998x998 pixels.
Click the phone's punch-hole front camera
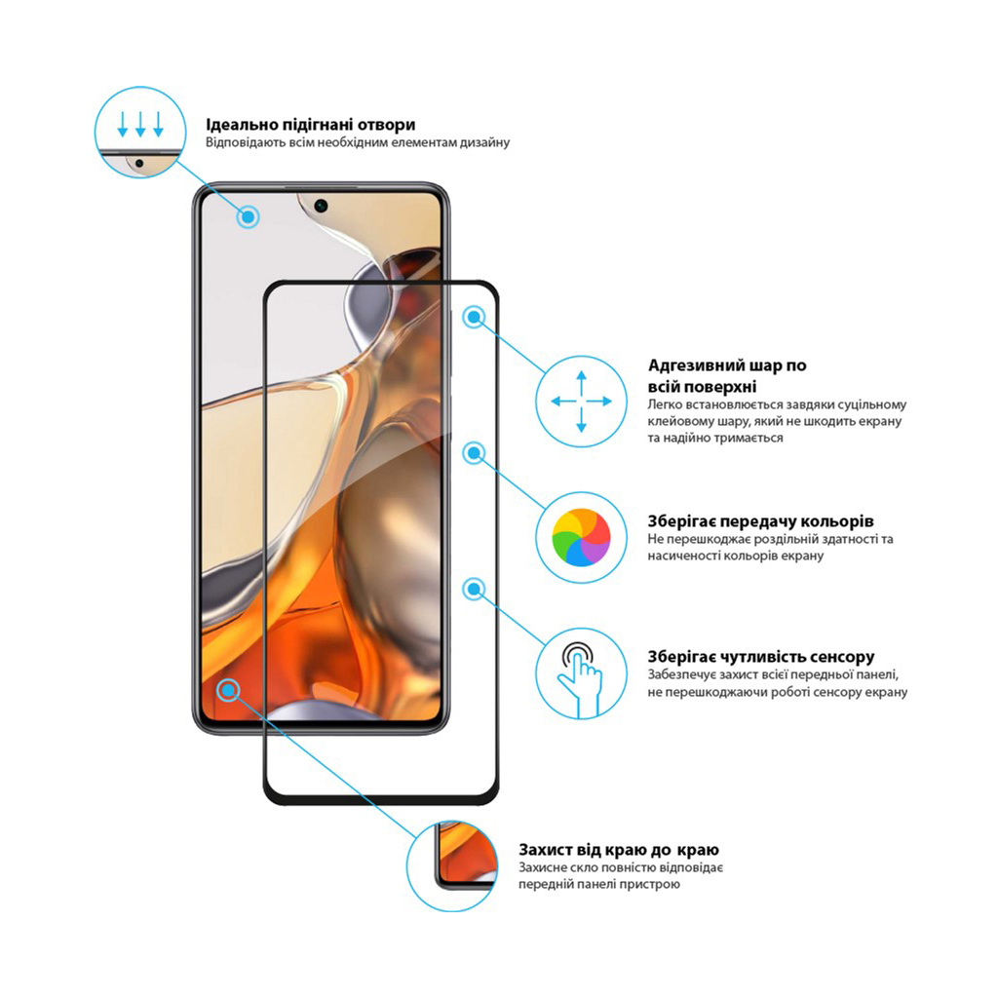[321, 206]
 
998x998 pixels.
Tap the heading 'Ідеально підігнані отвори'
[310, 125]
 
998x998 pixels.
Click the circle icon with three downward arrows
[140, 132]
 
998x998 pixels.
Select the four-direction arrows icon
[581, 401]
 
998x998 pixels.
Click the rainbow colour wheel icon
[581, 537]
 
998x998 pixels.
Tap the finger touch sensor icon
[581, 672]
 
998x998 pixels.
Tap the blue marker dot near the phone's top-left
[249, 216]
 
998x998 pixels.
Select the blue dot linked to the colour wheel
[474, 452]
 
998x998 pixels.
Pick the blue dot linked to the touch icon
[474, 588]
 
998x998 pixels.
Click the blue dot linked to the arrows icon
[474, 317]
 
